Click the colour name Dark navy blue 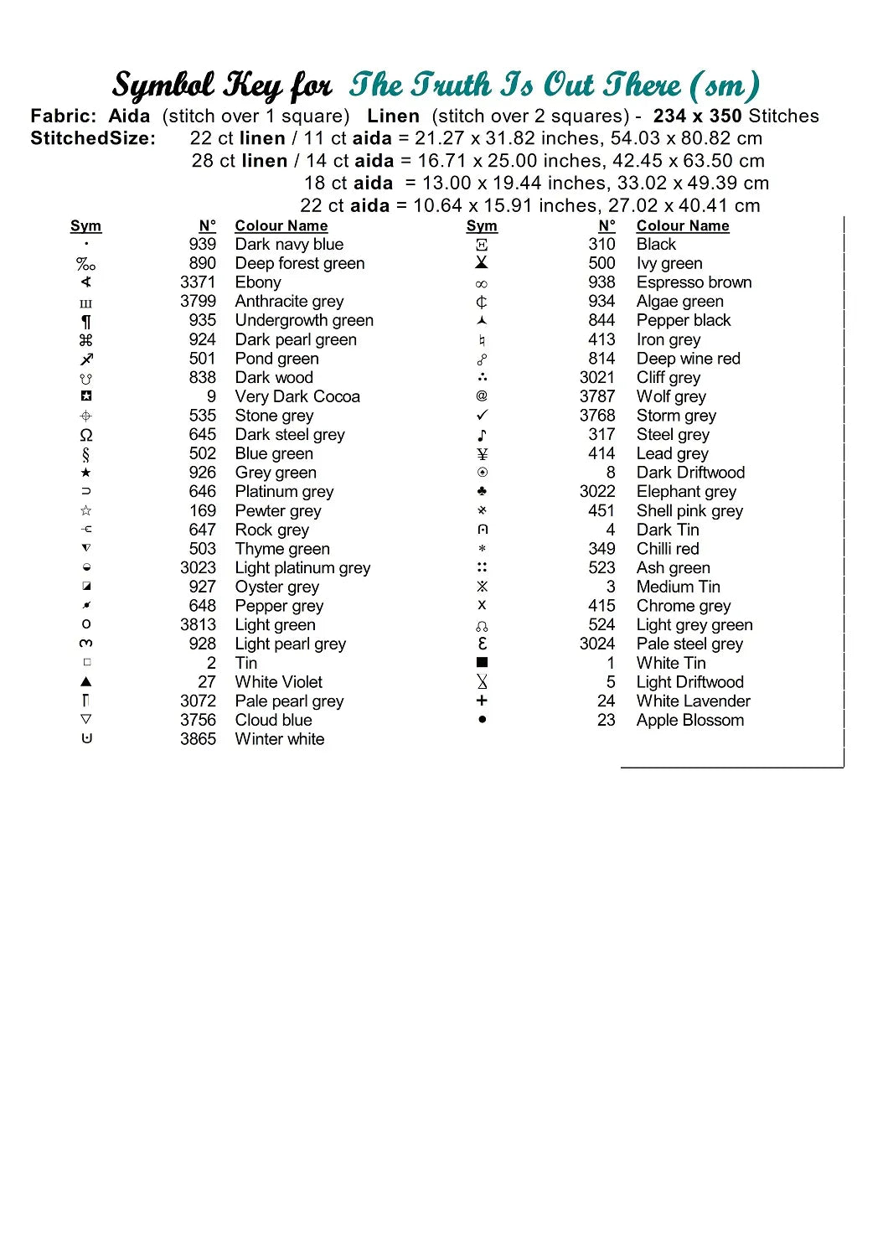coord(289,245)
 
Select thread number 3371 coord(198,282)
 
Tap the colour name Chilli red coord(667,549)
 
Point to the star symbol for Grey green coord(85,473)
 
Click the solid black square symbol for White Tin coord(482,663)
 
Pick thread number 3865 coord(198,739)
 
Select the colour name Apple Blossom coord(689,721)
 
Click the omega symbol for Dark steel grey coord(85,435)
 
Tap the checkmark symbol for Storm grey coord(482,416)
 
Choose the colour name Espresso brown coord(694,282)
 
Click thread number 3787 coord(597,396)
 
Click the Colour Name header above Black coord(682,226)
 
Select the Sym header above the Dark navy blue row coord(85,226)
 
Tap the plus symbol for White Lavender coord(482,701)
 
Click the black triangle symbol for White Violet coord(85,682)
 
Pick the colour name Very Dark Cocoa coord(297,396)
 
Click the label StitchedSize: coord(93,138)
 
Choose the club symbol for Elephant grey coord(482,491)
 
